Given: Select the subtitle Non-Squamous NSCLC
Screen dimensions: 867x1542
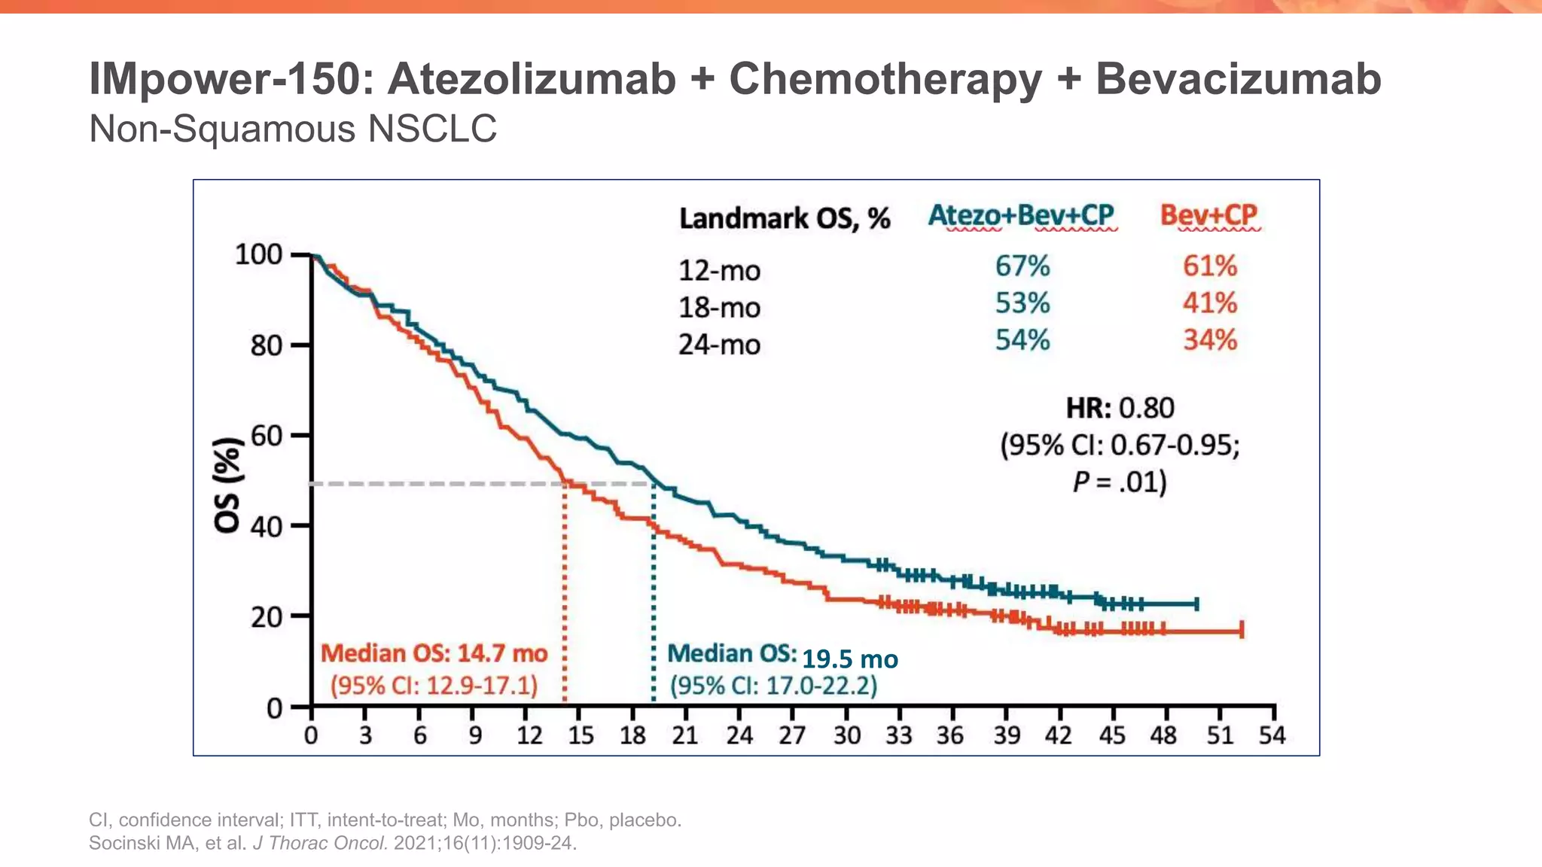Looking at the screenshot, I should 293,129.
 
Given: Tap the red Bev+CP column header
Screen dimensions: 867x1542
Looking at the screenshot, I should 1208,215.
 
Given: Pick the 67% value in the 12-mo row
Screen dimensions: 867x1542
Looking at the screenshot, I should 1022,266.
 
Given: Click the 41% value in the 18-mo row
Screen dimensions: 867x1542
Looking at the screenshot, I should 1209,303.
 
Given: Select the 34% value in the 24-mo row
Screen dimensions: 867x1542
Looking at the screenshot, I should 1209,340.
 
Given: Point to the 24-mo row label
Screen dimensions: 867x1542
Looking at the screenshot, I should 719,345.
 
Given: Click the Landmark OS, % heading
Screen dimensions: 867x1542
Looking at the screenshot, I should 784,219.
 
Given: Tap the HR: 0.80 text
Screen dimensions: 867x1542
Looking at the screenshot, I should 1120,408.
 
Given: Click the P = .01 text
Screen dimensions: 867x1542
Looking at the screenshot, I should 1120,482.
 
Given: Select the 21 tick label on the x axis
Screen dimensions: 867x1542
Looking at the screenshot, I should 684,735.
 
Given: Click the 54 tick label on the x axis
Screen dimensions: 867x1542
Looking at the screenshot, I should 1272,735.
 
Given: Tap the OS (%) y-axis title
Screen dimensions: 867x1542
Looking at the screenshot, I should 228,485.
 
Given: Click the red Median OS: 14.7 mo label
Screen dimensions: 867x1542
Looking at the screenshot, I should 434,653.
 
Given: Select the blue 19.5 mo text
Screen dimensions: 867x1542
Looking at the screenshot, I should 849,659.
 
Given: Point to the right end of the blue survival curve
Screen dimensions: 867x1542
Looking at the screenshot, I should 1196,604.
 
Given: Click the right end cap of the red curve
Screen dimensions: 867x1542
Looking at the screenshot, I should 1242,631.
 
